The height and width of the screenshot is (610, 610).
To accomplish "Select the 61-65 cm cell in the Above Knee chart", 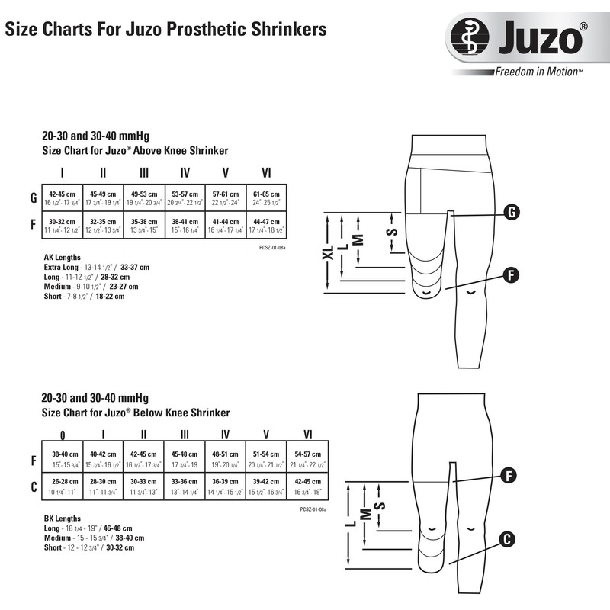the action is coord(267,197).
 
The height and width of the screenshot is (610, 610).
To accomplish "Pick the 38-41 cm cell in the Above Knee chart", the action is coord(185,224).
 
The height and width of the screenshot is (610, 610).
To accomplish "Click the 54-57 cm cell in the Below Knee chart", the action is coord(308,460).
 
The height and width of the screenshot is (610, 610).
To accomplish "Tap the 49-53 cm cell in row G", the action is coord(144,197).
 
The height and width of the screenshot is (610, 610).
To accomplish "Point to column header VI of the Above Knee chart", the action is coord(266,172).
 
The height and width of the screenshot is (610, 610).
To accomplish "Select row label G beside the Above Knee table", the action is coord(33,198).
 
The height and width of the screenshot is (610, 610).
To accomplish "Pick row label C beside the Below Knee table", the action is coord(33,486).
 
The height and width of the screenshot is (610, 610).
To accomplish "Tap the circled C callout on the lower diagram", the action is coord(504,539).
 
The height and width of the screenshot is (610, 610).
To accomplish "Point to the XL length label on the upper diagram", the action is coord(328,253).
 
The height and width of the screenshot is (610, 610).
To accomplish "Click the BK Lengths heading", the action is coord(63,518).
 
